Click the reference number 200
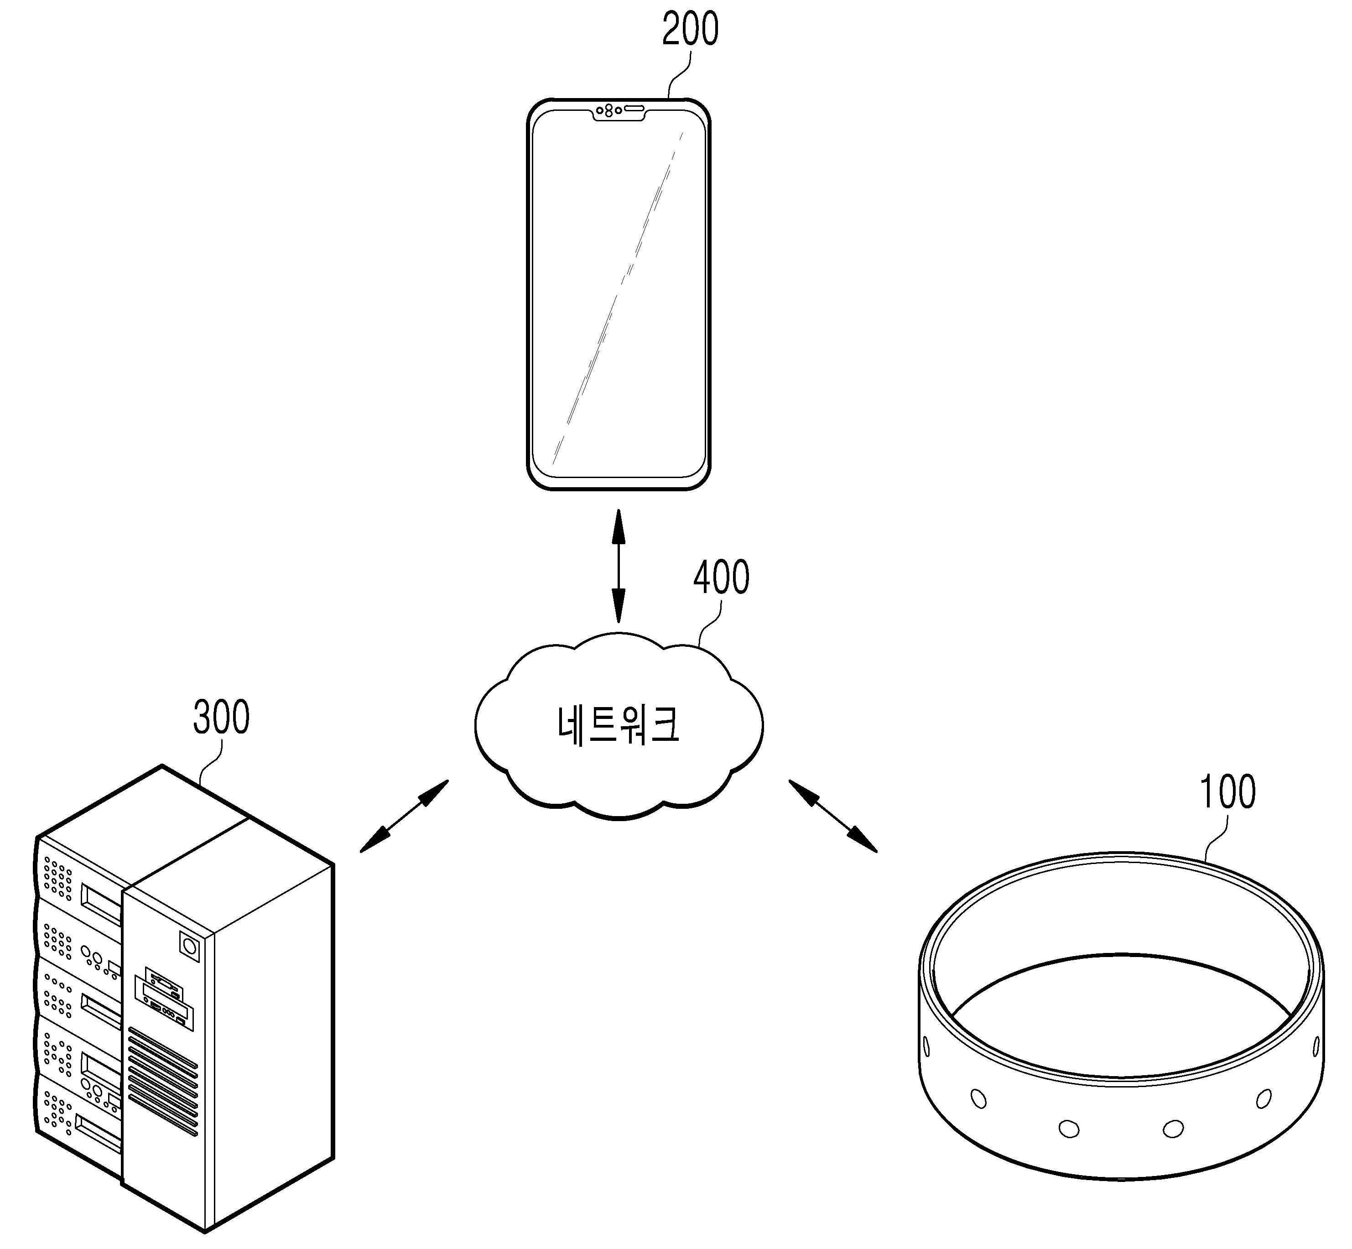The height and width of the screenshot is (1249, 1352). (690, 30)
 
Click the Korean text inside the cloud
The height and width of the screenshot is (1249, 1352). (618, 724)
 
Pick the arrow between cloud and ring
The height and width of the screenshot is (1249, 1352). (832, 816)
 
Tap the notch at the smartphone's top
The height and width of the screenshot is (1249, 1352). (618, 112)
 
